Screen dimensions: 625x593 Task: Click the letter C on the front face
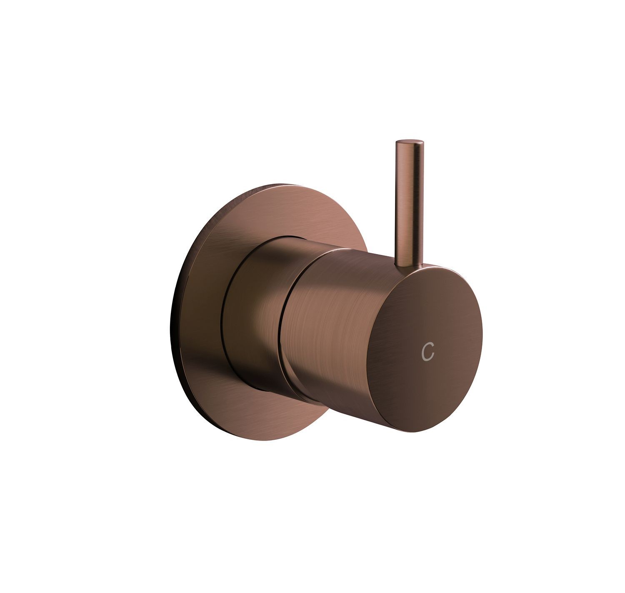(427, 351)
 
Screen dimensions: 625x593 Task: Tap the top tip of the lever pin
(410, 140)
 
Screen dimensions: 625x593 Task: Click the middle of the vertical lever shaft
(410, 203)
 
